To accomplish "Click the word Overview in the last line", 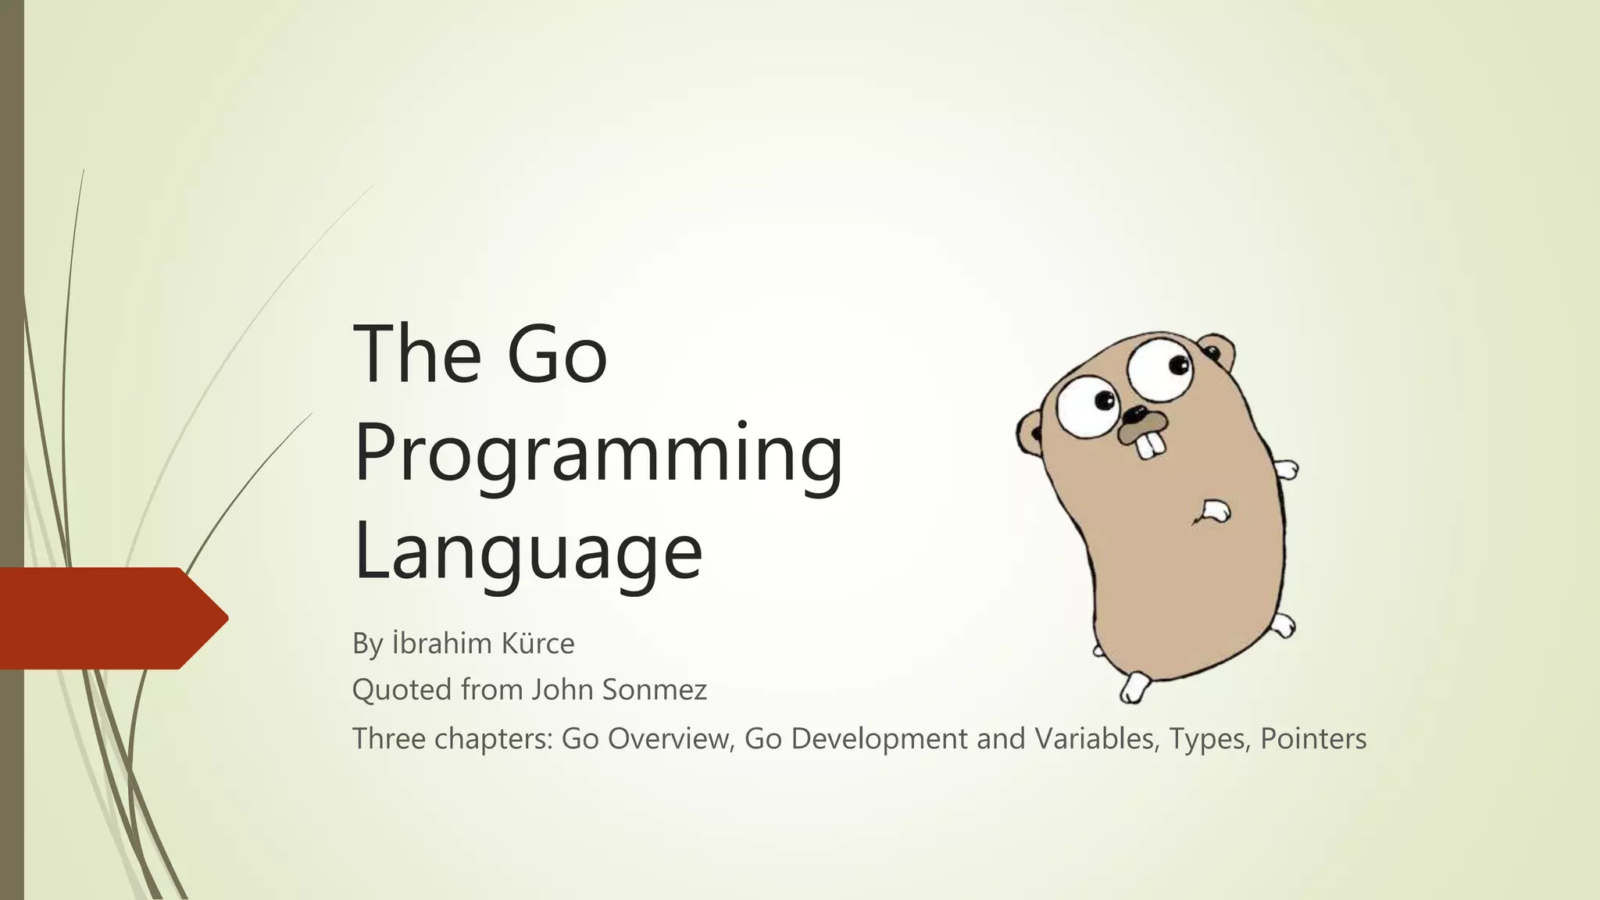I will coord(667,739).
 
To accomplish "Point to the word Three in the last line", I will coord(388,739).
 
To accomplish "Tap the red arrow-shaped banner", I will coord(109,618).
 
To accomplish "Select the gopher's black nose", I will coord(1134,414).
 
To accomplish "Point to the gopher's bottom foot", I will coord(1135,687).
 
